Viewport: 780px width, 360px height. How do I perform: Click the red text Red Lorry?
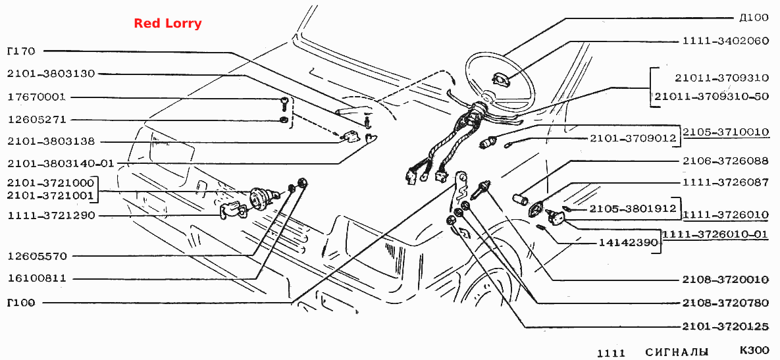168,24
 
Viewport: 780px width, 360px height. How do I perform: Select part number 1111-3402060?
726,41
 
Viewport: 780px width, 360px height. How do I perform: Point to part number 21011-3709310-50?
712,97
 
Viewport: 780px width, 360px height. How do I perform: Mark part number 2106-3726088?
726,161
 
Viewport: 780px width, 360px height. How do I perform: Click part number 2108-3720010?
726,280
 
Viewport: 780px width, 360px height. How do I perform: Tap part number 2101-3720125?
726,326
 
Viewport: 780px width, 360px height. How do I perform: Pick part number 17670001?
36,97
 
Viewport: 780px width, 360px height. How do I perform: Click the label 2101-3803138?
51,141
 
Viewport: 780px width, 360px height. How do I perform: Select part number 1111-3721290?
51,215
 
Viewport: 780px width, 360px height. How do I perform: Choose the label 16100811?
36,278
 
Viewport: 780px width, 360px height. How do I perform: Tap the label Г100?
21,302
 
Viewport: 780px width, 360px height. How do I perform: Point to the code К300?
754,351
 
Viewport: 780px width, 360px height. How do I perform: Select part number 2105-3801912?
633,209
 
